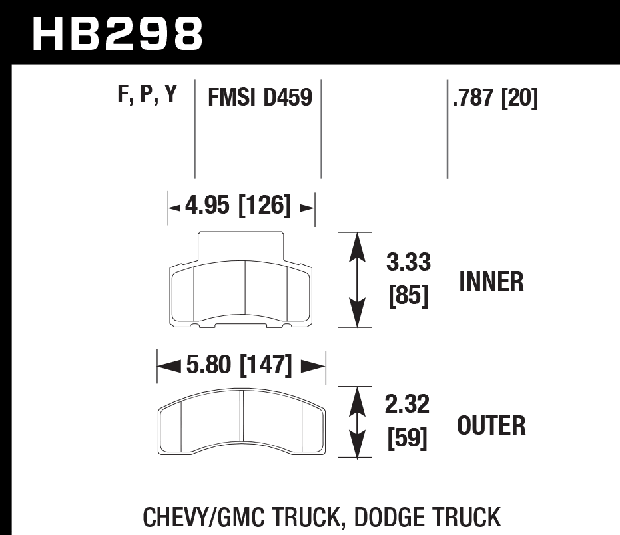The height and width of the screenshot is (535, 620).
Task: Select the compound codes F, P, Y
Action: coord(147,96)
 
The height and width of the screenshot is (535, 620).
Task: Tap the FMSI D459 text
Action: coord(260,98)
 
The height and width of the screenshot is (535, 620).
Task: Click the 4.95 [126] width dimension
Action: coord(238,207)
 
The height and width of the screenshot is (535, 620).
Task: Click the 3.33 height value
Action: coord(408,264)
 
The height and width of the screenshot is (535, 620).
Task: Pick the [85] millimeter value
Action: coord(408,295)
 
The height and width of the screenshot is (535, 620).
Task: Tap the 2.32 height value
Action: coord(408,405)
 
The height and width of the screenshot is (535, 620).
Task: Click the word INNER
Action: coord(491,282)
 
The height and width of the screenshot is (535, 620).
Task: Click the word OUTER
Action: coord(491,425)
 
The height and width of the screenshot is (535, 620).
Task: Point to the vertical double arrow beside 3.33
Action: coord(358,279)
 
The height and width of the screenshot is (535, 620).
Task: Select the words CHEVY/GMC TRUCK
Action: coord(242,517)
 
